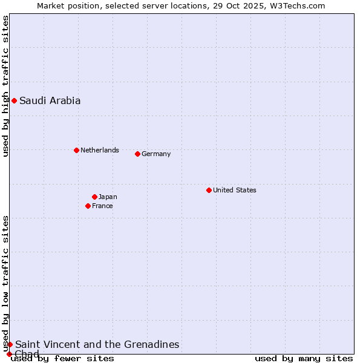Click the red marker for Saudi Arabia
point(14,100)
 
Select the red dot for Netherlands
point(76,150)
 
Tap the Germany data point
point(137,154)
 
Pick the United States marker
point(209,190)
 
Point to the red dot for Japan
point(94,197)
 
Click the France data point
point(88,206)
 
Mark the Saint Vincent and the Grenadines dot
point(10,344)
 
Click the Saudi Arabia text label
point(50,101)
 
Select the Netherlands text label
point(99,150)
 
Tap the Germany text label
point(156,154)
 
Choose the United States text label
point(234,190)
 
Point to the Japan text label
point(108,197)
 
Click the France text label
point(102,206)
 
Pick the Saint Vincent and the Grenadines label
point(97,344)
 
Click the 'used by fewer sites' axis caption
point(62,358)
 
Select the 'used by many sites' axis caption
point(304,358)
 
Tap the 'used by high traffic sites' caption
point(6,86)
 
